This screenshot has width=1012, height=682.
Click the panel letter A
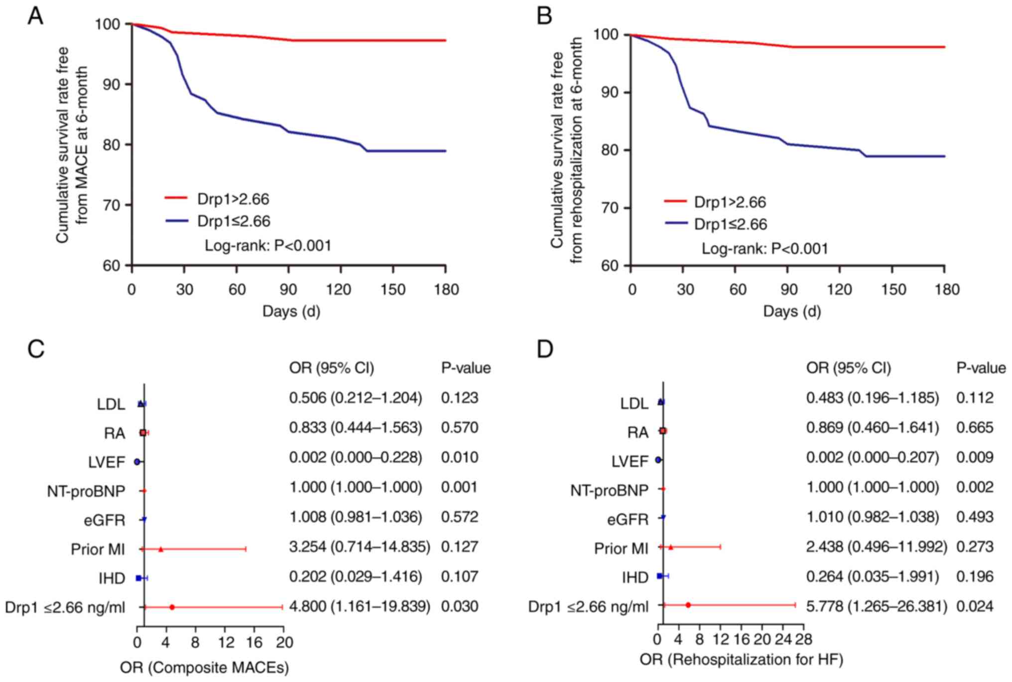pyautogui.click(x=35, y=17)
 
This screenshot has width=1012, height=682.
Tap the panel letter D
pyautogui.click(x=545, y=349)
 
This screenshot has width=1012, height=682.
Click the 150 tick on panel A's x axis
pyautogui.click(x=393, y=290)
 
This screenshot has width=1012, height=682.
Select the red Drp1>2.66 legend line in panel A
pyautogui.click(x=176, y=198)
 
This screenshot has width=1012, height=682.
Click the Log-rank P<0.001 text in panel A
pyautogui.click(x=268, y=245)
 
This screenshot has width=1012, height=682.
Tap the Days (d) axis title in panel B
pyautogui.click(x=792, y=312)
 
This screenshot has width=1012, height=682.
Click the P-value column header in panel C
pyautogui.click(x=466, y=368)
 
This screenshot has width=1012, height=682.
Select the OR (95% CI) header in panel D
pyautogui.click(x=849, y=368)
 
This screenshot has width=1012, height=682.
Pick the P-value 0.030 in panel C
pyautogui.click(x=460, y=606)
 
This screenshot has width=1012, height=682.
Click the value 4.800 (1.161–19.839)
pyautogui.click(x=360, y=606)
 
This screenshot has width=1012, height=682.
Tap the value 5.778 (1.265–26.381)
pyautogui.click(x=877, y=606)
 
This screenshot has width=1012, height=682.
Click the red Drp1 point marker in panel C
pyautogui.click(x=172, y=607)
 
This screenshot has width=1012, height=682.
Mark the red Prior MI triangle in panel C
pyautogui.click(x=161, y=549)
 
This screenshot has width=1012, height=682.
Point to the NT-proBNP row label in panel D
pyautogui.click(x=609, y=491)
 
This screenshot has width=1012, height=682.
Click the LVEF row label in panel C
pyautogui.click(x=107, y=462)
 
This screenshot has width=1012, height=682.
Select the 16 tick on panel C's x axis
pyautogui.click(x=254, y=643)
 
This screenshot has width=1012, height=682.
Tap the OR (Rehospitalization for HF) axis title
pyautogui.click(x=741, y=660)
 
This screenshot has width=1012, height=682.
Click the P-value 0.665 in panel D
pyautogui.click(x=975, y=428)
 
